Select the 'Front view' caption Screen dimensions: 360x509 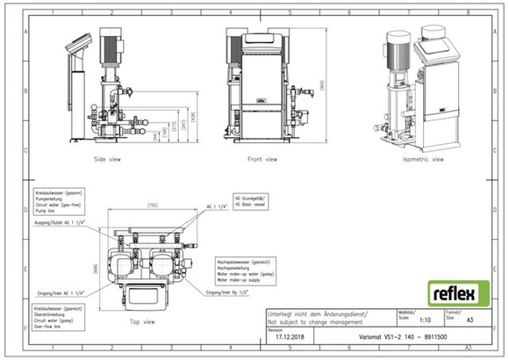click(x=261, y=159)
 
